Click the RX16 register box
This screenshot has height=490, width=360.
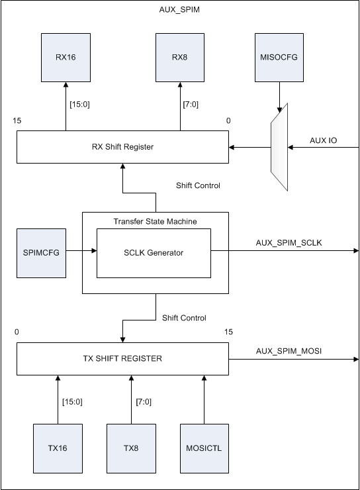tap(66, 58)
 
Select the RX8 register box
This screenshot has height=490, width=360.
tap(179, 58)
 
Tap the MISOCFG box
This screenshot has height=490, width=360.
tap(280, 58)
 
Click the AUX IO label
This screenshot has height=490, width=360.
tap(324, 141)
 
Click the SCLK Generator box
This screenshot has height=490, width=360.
tap(154, 253)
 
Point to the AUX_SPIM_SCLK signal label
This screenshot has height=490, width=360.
tap(289, 243)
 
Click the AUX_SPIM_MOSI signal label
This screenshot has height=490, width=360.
tap(289, 351)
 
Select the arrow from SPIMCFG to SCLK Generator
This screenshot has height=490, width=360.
tap(81, 252)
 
